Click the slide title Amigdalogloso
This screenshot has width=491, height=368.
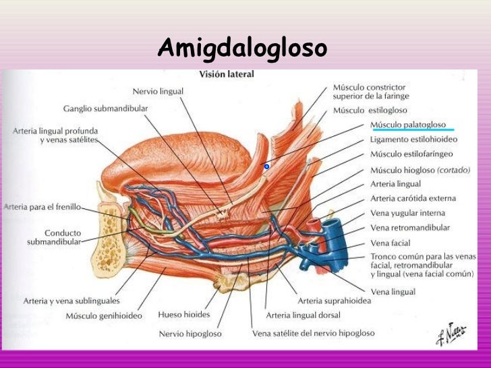(242, 49)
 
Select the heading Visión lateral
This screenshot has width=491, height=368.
(226, 74)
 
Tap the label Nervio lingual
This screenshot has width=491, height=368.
(158, 92)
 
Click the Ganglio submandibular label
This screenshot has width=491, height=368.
(106, 108)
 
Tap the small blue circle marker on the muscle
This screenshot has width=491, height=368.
(266, 166)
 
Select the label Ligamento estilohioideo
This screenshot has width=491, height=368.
(413, 140)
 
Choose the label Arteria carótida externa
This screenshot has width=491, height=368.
(413, 198)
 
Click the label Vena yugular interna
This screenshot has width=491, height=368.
(408, 213)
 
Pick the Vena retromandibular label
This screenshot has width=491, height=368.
(410, 228)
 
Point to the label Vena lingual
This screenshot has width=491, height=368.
(393, 291)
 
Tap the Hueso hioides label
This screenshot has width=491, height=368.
(184, 314)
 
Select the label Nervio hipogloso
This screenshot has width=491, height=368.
(191, 333)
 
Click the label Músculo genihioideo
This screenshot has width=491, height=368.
(104, 316)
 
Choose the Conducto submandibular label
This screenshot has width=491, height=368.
(53, 236)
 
